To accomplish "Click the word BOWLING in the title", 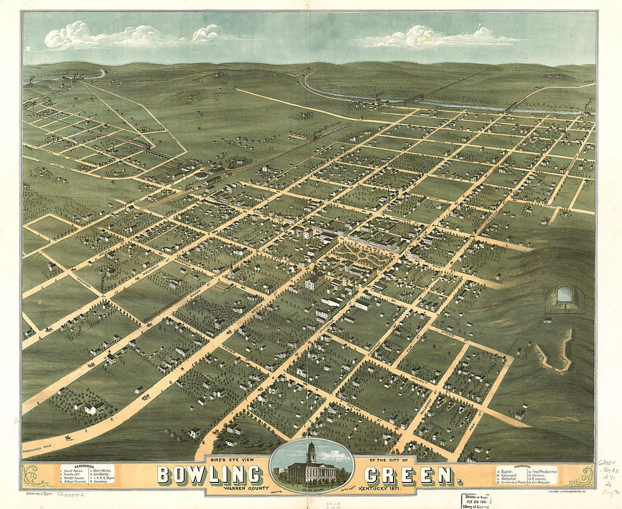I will click(x=209, y=475).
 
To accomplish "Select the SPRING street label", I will click(x=447, y=334).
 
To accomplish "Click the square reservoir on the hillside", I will click(x=564, y=294).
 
